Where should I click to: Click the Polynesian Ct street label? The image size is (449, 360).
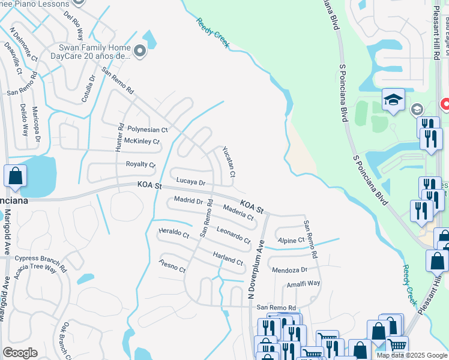pyautogui.click(x=147, y=130)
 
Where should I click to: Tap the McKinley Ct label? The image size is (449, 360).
pyautogui.click(x=142, y=142)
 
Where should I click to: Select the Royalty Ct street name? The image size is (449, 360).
pyautogui.click(x=140, y=164)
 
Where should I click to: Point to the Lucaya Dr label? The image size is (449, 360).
pyautogui.click(x=191, y=181)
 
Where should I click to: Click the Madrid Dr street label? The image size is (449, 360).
pyautogui.click(x=188, y=200)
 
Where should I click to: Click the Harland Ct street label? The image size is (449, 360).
pyautogui.click(x=228, y=258)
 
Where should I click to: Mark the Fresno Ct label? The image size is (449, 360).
pyautogui.click(x=172, y=266)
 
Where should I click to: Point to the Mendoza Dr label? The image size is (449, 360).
pyautogui.click(x=289, y=270)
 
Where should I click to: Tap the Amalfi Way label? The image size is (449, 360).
pyautogui.click(x=303, y=284)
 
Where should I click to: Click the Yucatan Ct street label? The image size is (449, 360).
pyautogui.click(x=229, y=161)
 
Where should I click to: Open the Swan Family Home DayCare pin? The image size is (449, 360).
pyautogui.click(x=140, y=52)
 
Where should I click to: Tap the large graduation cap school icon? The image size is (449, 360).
pyautogui.click(x=393, y=99)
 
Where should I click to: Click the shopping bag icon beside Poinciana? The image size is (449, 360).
pyautogui.click(x=15, y=176)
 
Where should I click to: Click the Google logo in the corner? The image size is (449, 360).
pyautogui.click(x=20, y=353)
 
